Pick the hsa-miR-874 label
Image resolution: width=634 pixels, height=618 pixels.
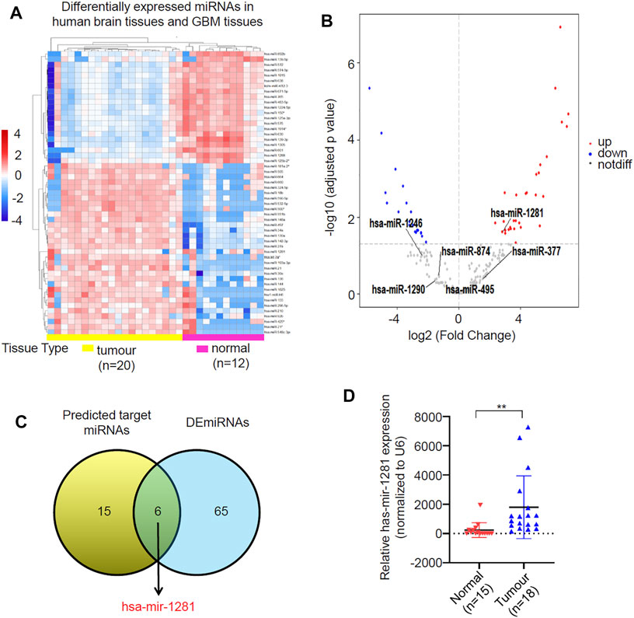(x=465, y=251)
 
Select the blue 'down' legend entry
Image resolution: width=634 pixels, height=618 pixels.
(x=608, y=155)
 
